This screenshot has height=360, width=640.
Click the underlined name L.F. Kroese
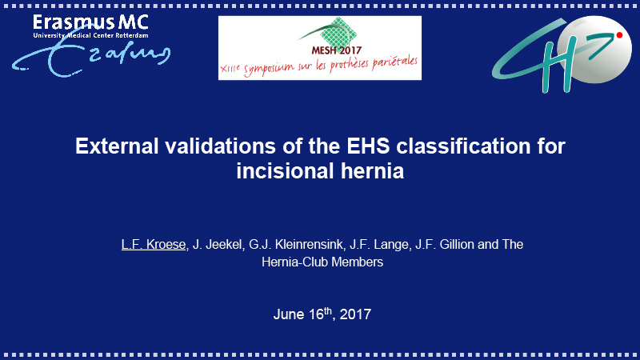click(x=154, y=245)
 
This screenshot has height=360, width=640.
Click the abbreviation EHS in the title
click(x=368, y=146)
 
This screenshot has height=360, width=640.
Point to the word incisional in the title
click(x=286, y=170)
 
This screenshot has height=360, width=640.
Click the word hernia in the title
click(x=372, y=170)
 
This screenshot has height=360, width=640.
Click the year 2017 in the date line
click(x=355, y=314)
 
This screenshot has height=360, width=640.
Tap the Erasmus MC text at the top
click(x=90, y=22)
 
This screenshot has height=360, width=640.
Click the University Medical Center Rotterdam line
click(x=90, y=35)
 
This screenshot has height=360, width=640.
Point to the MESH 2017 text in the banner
click(x=336, y=50)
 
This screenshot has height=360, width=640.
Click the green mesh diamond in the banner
click(x=338, y=33)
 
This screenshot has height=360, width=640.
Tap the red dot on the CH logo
click(x=619, y=35)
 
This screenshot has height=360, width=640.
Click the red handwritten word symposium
click(x=270, y=68)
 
